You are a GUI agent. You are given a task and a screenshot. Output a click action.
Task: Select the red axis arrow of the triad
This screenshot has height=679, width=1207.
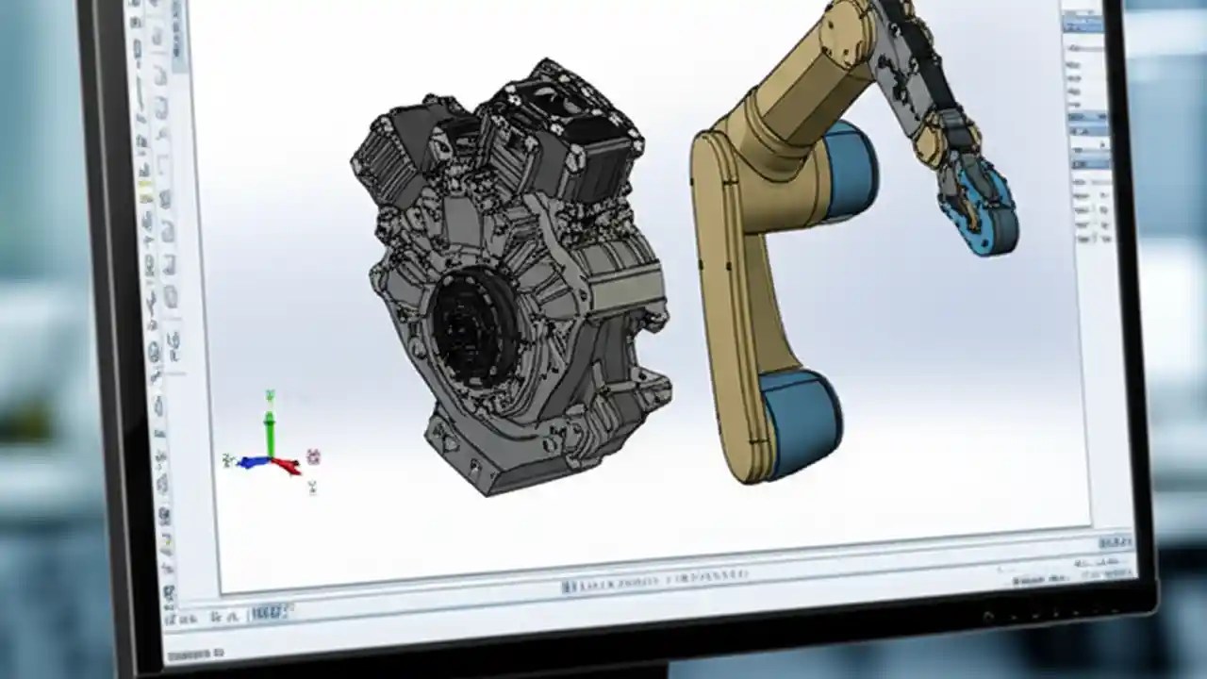(287, 465)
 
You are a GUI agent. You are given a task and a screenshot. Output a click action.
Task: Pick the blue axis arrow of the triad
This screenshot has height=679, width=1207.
(250, 462)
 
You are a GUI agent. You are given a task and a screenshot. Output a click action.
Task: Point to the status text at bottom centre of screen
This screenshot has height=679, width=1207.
(655, 578)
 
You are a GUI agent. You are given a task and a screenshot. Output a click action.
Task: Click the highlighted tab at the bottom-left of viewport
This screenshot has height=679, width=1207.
(268, 613)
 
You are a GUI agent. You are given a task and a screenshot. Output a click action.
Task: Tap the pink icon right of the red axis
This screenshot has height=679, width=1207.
(314, 457)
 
